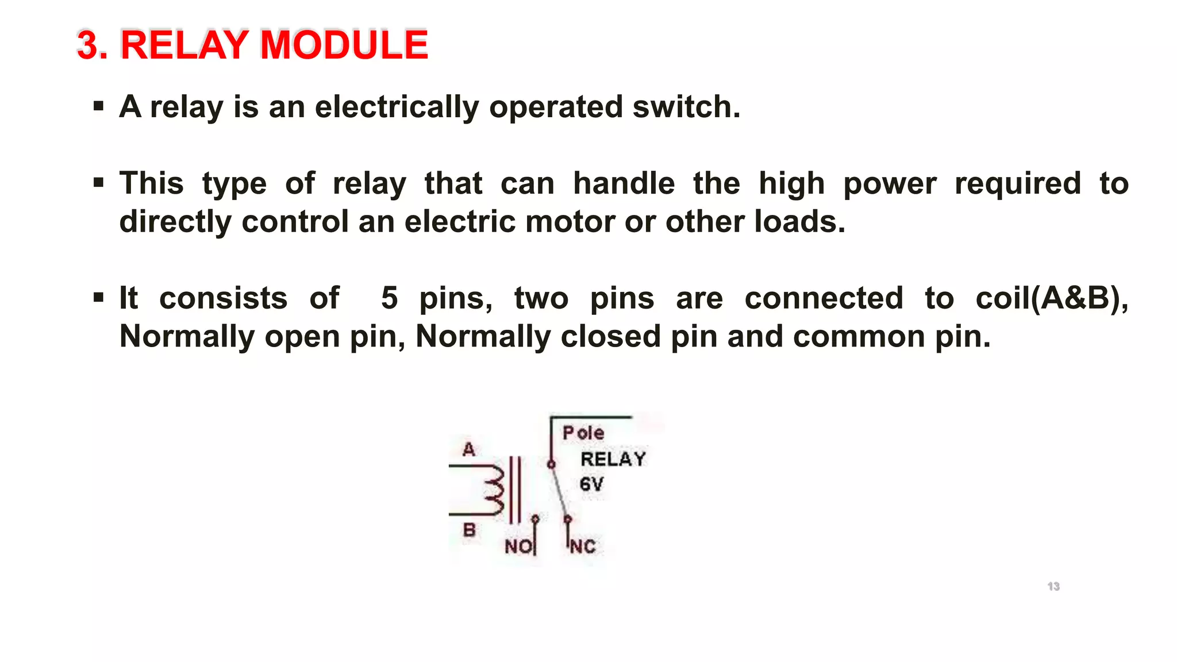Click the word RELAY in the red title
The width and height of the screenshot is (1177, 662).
[x=187, y=45]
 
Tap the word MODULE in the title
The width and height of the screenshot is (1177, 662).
[x=344, y=45]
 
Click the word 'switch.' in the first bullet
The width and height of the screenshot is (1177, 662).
[x=686, y=107]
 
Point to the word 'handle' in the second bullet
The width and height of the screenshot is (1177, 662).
[x=624, y=184]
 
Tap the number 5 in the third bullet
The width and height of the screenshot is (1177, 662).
[x=389, y=298]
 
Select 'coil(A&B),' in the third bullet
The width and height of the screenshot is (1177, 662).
[x=1052, y=298]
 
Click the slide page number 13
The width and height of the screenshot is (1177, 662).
[x=1053, y=586]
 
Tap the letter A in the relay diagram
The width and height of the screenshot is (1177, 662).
[x=469, y=449]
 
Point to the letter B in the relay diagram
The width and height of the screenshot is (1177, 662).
[x=469, y=530]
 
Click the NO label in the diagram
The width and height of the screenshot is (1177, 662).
[x=518, y=546]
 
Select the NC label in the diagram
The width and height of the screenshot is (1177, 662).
[x=583, y=546]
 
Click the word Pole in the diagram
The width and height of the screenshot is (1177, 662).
[x=583, y=433]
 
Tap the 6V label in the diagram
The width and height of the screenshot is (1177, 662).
[x=591, y=484]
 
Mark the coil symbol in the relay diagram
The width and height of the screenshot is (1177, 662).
[x=493, y=490]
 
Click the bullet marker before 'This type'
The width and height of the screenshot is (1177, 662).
[x=99, y=183]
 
